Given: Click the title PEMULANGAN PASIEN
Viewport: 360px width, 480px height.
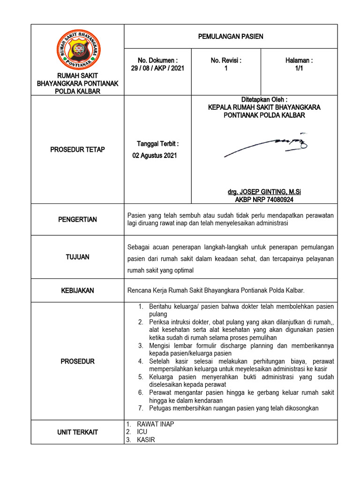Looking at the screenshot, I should pyautogui.click(x=231, y=37).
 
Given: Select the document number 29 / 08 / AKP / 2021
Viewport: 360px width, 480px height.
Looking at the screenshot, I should pyautogui.click(x=157, y=68).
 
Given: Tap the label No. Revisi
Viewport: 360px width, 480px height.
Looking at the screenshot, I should pyautogui.click(x=226, y=60).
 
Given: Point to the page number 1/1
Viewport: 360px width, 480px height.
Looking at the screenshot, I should pyautogui.click(x=299, y=68).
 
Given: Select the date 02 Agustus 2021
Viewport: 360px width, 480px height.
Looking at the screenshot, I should pyautogui.click(x=155, y=156).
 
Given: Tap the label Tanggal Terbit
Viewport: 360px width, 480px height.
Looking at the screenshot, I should pyautogui.click(x=157, y=143).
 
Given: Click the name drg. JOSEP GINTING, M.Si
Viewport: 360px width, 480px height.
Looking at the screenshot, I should pyautogui.click(x=264, y=192).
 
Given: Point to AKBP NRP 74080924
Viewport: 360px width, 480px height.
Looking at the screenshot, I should pyautogui.click(x=264, y=199).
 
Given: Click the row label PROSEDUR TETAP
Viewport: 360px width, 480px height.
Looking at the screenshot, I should pyautogui.click(x=78, y=150).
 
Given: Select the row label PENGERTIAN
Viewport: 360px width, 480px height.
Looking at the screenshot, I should pyautogui.click(x=78, y=219).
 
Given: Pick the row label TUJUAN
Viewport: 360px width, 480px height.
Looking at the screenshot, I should pyautogui.click(x=78, y=257).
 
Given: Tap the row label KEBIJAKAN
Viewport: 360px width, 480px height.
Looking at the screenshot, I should pyautogui.click(x=78, y=291).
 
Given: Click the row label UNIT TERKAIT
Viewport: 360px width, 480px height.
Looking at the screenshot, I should pyautogui.click(x=78, y=432).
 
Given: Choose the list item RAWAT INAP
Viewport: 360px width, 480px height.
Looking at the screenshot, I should pyautogui.click(x=155, y=424).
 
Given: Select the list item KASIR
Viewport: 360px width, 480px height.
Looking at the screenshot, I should pyautogui.click(x=146, y=440).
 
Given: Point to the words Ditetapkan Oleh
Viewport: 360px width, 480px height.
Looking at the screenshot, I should pyautogui.click(x=264, y=100).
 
